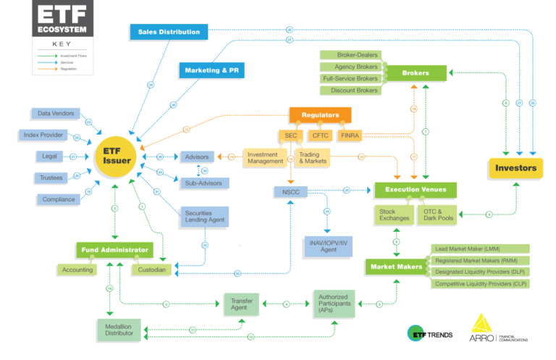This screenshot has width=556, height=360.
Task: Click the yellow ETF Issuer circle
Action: pyautogui.click(x=116, y=156)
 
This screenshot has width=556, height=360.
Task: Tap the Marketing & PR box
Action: pyautogui.click(x=212, y=71)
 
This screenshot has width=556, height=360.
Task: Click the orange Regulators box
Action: pyautogui.click(x=320, y=114)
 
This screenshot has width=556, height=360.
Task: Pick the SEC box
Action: pyautogui.click(x=290, y=135)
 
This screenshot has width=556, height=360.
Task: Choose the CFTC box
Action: pyautogui.click(x=320, y=135)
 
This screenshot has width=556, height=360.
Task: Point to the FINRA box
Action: pyautogui.click(x=350, y=135)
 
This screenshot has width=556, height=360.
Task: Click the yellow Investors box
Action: pyautogui.click(x=515, y=168)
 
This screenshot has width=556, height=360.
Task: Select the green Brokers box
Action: pyautogui.click(x=416, y=72)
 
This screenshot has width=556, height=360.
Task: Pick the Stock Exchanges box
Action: pyautogui.click(x=394, y=214)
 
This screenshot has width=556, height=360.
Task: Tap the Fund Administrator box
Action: pyautogui.click(x=114, y=250)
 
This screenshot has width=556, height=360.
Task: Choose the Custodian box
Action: pyautogui.click(x=150, y=269)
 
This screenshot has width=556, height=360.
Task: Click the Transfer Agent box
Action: pyautogui.click(x=240, y=304)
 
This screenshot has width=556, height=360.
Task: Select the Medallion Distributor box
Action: pyautogui.click(x=119, y=330)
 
